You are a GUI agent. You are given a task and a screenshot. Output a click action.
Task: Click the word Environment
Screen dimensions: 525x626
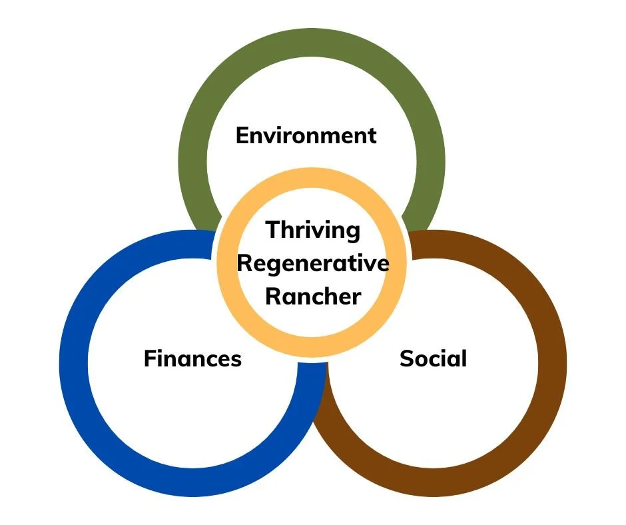306,135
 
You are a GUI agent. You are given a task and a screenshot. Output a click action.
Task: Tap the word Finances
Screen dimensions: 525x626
192,359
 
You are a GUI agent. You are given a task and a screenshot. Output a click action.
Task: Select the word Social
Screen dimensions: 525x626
433,358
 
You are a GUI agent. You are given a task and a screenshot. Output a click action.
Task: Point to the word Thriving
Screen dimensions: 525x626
312,231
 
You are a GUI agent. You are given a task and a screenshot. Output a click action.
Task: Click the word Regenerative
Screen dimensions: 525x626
312,263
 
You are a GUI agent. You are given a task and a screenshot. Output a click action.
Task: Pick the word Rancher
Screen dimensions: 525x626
312,296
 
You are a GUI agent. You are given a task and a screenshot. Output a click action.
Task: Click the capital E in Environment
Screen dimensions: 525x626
242,136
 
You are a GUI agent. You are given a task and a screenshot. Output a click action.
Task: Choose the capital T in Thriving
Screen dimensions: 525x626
273,231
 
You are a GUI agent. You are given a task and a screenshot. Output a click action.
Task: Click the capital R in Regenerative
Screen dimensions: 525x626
243,263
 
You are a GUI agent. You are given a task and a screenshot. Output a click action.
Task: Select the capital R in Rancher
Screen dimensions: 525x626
272,296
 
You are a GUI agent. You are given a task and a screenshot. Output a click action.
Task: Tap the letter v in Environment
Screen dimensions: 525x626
267,137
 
